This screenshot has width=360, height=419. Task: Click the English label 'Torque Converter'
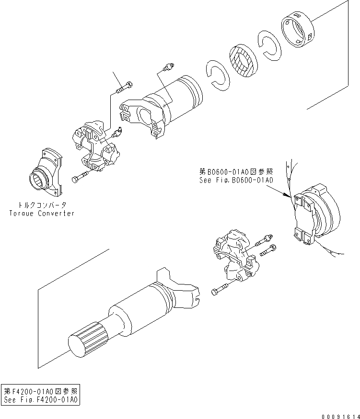pos(42,213)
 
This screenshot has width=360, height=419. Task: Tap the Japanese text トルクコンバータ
pos(42,204)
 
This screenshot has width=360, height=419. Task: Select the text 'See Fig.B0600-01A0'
pos(236,181)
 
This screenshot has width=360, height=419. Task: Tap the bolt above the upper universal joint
pos(124,88)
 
